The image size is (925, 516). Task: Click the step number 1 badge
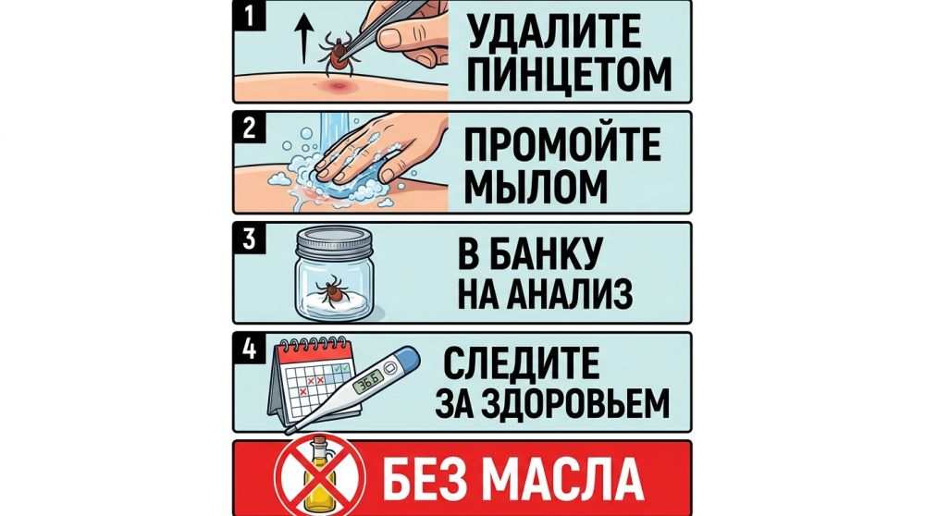click(x=246, y=16)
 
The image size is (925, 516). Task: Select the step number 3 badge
click(x=246, y=238)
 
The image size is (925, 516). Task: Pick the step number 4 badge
click(x=246, y=349)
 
